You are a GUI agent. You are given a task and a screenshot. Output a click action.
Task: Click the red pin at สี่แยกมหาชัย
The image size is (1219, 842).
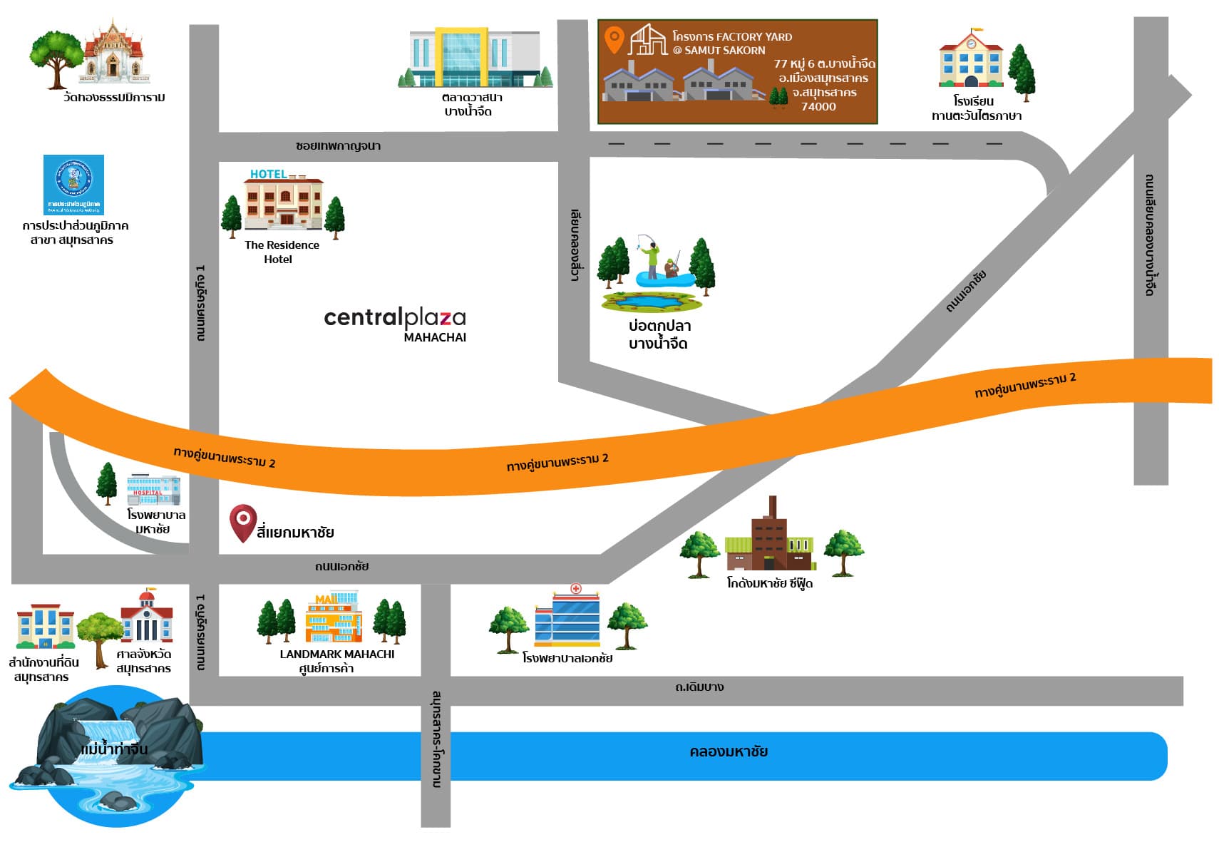tap(242, 521)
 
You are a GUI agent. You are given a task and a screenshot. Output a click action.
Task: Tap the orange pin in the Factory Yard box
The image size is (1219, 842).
tap(614, 38)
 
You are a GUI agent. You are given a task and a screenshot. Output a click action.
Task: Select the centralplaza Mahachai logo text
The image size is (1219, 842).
tap(395, 319)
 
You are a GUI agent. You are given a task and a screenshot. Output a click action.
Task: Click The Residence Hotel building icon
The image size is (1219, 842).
tap(283, 203)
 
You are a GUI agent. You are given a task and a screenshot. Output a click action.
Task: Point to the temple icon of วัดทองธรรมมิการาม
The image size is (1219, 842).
tap(113, 53)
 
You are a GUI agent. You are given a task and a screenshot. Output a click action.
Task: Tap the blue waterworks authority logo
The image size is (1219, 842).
tap(73, 184)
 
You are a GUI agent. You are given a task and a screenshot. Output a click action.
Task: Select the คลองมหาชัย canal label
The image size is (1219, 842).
tap(728, 751)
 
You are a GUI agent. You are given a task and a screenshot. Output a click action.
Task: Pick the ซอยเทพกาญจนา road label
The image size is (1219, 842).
tap(338, 145)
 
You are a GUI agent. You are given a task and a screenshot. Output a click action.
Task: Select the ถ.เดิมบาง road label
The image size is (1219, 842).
tap(699, 687)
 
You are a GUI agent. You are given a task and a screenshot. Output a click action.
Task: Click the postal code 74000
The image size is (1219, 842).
tap(818, 107)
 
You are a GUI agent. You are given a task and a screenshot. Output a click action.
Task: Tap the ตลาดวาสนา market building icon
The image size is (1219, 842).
tap(475, 58)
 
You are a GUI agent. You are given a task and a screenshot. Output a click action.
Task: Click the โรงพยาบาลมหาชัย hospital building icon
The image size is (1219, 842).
tap(153, 490)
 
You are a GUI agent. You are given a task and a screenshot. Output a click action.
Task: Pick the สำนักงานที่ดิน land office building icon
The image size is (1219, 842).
tap(45, 627)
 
